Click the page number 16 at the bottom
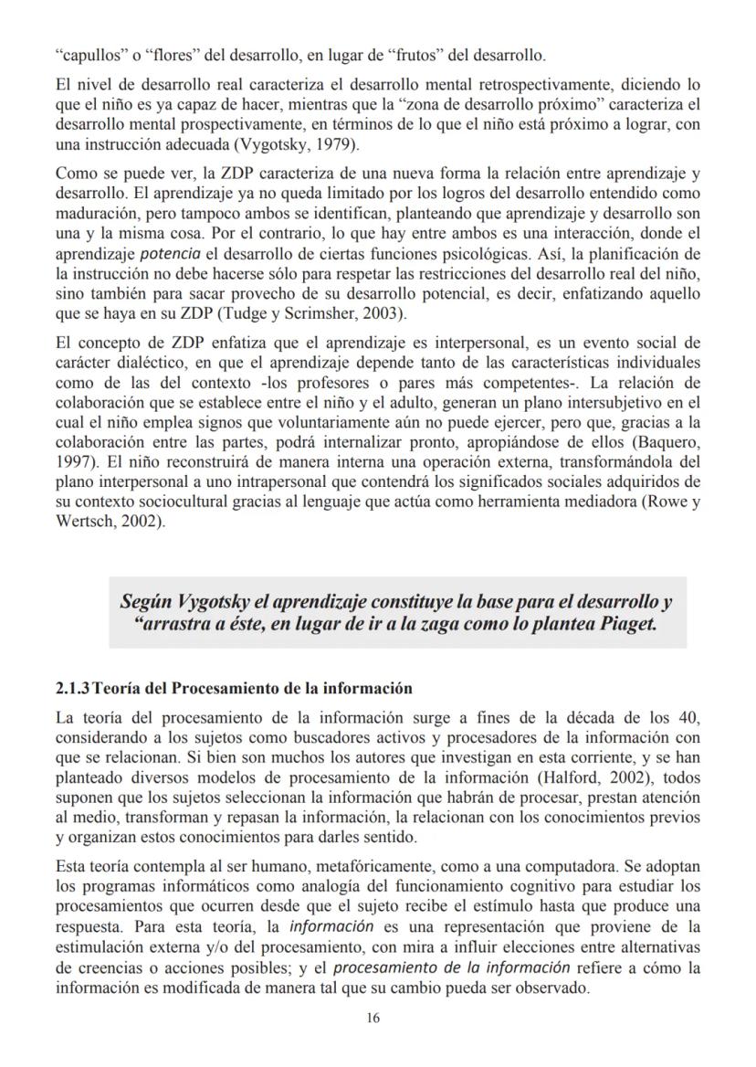click(373, 1019)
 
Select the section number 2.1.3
click(72, 688)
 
